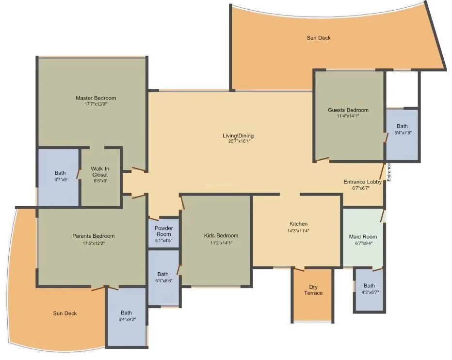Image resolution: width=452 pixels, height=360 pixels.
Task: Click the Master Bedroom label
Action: pos(96,98)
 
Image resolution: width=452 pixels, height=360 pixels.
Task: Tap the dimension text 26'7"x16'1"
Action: pos(235,142)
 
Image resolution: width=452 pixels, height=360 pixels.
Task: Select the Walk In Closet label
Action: pos(99,172)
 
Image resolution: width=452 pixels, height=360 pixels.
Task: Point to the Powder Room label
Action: pos(163,231)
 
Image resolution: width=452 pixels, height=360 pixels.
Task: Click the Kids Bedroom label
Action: pos(221,236)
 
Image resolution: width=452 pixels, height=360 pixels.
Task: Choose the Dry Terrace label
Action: pos(313,290)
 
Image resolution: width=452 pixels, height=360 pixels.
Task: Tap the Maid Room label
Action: pos(363,237)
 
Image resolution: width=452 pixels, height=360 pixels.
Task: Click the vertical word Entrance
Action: pos(388,173)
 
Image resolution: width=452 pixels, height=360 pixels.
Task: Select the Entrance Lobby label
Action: pos(362,182)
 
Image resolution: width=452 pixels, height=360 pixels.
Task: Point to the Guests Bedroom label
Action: pos(348,110)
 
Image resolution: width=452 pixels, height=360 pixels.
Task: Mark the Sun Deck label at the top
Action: pos(319,37)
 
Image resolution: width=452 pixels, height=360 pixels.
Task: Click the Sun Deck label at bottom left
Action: pos(65,313)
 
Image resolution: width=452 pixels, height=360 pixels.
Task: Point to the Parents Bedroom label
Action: pos(93,236)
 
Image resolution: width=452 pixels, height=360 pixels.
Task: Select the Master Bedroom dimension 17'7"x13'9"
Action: pos(96,104)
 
